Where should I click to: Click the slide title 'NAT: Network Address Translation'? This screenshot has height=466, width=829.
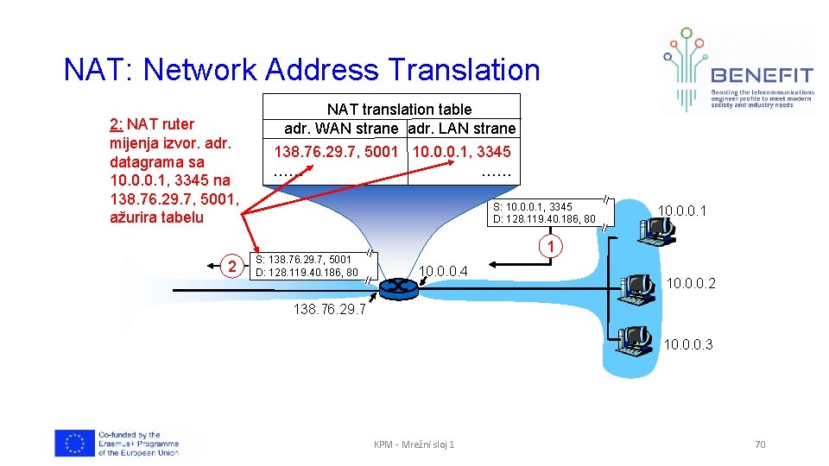(301, 70)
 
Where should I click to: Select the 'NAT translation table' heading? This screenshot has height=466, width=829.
(399, 109)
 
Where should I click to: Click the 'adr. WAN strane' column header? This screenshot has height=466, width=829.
(342, 129)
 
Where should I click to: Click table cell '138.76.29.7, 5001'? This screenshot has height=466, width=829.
(336, 152)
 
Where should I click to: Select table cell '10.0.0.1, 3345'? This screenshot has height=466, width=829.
(462, 152)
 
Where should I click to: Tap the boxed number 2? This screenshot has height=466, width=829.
(230, 266)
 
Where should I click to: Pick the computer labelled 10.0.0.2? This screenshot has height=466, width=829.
(638, 288)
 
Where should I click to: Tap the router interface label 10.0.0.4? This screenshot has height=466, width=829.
(443, 272)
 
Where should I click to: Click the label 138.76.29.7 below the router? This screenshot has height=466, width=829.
(330, 308)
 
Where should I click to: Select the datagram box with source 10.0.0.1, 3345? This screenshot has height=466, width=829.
(543, 212)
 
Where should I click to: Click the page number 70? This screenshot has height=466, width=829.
(760, 444)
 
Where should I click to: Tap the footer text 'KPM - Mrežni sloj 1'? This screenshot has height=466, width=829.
(414, 444)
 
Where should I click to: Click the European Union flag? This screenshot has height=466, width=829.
(74, 444)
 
